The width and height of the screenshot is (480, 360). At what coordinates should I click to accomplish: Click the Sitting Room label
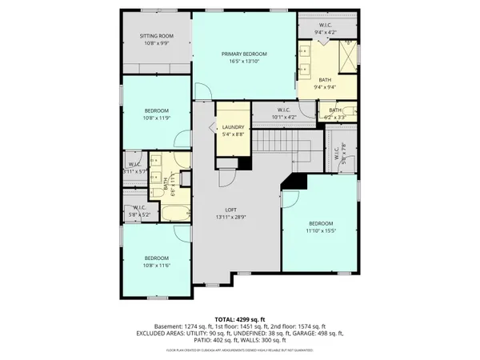pyautogui.click(x=156, y=37)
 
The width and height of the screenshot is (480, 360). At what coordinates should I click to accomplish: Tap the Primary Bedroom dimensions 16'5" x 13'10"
pyautogui.click(x=244, y=62)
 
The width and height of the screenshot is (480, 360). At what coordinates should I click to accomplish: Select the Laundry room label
pyautogui.click(x=233, y=128)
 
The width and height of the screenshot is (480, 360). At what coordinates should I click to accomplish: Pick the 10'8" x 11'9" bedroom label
pyautogui.click(x=156, y=114)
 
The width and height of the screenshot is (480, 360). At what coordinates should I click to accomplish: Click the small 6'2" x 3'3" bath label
pyautogui.click(x=334, y=114)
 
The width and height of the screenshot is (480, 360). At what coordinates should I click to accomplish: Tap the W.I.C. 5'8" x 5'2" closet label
pyautogui.click(x=138, y=211)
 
